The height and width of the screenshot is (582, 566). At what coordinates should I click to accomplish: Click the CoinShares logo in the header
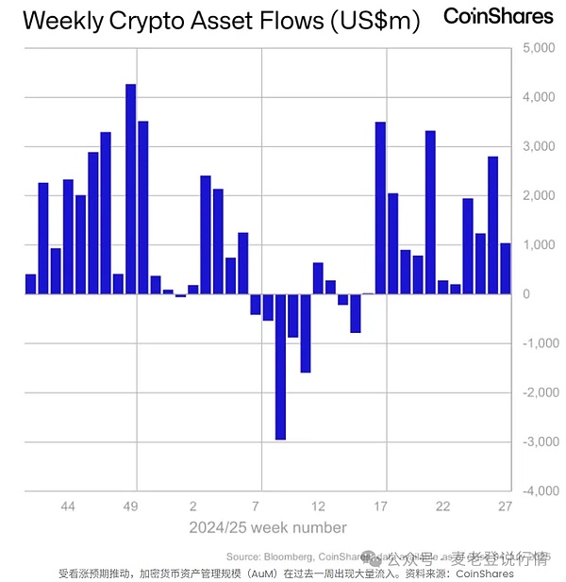[498, 16]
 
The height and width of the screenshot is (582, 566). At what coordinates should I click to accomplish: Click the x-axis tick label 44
[68, 507]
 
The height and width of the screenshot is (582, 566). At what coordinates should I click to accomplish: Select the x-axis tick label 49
[131, 507]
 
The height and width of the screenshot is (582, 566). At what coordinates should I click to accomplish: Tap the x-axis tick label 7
[256, 507]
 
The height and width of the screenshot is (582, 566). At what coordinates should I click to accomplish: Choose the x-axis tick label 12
[319, 507]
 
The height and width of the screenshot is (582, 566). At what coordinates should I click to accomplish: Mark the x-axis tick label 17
[381, 507]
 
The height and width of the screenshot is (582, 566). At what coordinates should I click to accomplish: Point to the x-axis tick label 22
[443, 507]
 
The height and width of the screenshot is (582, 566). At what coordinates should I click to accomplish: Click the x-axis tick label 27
[506, 507]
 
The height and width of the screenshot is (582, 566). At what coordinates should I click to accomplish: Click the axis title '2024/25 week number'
[268, 527]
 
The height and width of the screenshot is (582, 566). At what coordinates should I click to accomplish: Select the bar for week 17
[381, 208]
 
